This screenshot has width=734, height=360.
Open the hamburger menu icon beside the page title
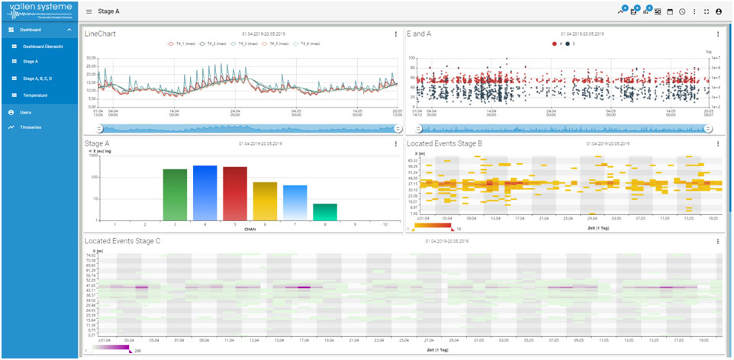(x=89, y=11)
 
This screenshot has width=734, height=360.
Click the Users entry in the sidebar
(x=26, y=112)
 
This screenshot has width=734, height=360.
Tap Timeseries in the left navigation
(x=31, y=127)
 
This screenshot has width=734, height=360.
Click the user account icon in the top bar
(x=719, y=11)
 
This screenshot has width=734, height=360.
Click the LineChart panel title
(x=101, y=34)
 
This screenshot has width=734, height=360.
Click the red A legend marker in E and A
(x=553, y=44)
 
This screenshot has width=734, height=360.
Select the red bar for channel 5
(x=235, y=193)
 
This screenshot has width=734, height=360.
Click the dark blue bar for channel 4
(x=205, y=192)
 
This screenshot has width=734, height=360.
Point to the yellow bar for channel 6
(x=265, y=201)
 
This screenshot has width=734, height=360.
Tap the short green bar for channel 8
(x=325, y=211)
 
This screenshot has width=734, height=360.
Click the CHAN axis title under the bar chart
(x=249, y=229)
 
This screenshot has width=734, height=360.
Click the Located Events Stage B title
(x=445, y=143)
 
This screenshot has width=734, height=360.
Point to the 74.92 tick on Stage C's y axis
(x=92, y=256)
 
